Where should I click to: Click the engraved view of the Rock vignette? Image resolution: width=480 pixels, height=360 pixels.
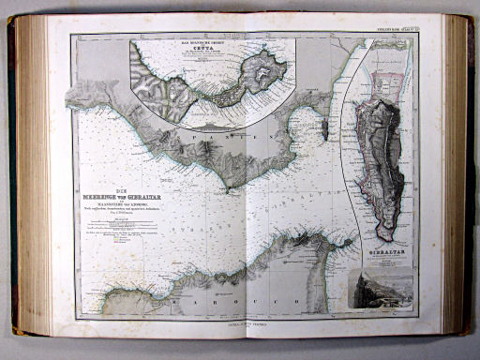(380, 289)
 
